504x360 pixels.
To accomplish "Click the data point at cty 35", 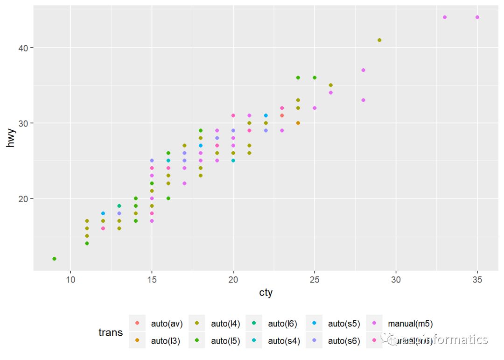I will [x=477, y=17].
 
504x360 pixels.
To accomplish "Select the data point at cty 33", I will [x=444, y=17].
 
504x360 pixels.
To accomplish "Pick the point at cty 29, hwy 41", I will [x=379, y=40].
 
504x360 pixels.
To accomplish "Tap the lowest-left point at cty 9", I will [x=54, y=259].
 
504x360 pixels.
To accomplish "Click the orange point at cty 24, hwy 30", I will [x=298, y=123].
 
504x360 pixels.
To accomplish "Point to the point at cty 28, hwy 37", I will [x=363, y=70].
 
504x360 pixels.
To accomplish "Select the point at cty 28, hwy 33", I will [x=363, y=100].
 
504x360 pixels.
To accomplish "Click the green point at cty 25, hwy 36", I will [x=315, y=78].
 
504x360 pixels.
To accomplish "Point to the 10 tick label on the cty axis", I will [x=70, y=279].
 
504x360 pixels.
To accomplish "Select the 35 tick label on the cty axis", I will [x=477, y=279].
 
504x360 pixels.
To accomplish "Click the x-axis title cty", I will [x=266, y=293].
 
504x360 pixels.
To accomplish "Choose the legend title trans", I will [x=111, y=332].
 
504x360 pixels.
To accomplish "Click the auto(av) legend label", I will [x=167, y=323].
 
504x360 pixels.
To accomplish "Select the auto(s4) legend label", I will [x=284, y=341].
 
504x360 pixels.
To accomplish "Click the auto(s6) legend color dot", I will [x=314, y=341].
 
